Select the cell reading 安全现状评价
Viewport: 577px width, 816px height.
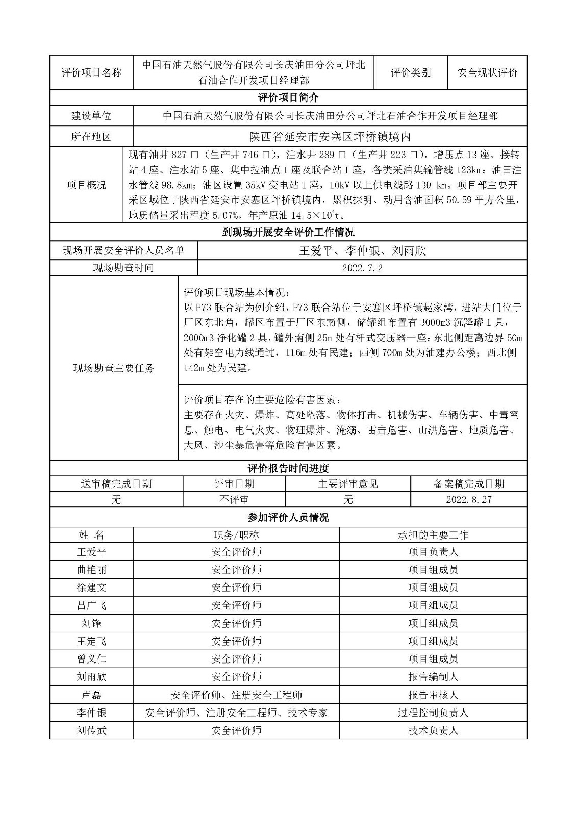487,72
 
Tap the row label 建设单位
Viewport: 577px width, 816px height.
91,116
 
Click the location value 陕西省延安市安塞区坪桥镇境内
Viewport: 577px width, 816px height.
330,137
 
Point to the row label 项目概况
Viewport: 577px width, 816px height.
87,185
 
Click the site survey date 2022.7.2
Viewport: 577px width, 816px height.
362,268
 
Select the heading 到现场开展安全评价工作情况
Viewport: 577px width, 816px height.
288,233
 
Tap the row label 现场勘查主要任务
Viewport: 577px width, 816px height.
114,368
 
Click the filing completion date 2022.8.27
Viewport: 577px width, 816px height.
468,500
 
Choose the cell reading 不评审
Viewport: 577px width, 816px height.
234,500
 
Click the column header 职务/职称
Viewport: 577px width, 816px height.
236,535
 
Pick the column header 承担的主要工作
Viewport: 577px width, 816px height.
433,535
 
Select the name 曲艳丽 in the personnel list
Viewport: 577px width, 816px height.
92,570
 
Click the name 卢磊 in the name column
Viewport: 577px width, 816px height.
92,695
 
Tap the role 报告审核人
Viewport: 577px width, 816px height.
433,695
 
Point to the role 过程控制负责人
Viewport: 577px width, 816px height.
433,712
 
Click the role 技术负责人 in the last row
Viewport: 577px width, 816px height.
433,730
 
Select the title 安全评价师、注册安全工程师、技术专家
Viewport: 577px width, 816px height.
236,712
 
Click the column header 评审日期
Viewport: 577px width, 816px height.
234,484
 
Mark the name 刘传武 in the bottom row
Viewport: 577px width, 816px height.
92,730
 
